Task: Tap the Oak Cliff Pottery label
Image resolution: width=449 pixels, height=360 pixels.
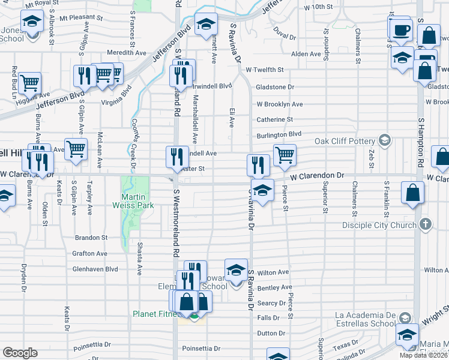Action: [346, 142]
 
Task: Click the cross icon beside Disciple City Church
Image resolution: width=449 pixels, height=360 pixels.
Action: [426, 224]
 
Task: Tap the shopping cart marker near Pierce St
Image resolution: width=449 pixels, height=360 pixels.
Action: [285, 154]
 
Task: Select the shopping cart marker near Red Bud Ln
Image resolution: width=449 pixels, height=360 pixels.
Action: [29, 82]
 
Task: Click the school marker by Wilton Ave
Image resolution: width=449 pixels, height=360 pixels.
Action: [237, 269]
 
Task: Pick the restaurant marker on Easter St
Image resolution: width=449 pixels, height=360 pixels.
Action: [176, 157]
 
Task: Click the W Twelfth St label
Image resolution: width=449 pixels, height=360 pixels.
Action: [264, 70]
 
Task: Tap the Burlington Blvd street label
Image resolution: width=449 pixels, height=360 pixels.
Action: [279, 134]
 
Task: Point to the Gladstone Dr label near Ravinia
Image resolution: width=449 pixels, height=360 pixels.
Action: [275, 87]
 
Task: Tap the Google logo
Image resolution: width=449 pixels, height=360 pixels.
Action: [20, 353]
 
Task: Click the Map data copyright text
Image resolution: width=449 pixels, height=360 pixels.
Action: [424, 355]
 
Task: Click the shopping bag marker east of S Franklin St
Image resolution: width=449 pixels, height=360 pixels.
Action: [413, 193]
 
